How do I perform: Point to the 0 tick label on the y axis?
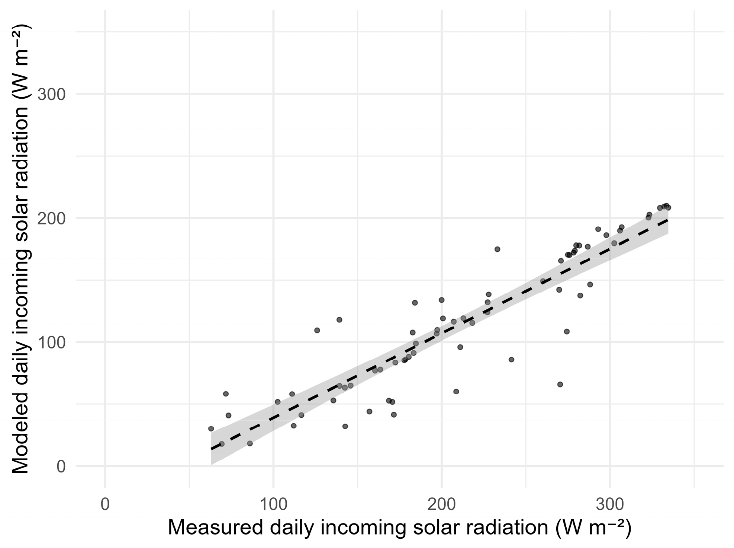[61, 466]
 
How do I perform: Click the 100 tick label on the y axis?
[52, 342]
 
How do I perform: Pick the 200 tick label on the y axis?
[52, 218]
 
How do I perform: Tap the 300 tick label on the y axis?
[52, 95]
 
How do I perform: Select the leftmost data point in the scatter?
[211, 428]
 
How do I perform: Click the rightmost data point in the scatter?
[668, 207]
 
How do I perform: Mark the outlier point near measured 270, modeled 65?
[560, 384]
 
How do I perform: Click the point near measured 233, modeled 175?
[497, 249]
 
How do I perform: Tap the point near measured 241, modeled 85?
[511, 359]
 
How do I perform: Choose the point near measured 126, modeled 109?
[317, 330]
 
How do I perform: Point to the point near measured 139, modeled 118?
[339, 319]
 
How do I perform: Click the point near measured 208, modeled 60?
[456, 391]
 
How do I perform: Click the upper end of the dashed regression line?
[668, 220]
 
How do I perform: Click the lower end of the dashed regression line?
[212, 449]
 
